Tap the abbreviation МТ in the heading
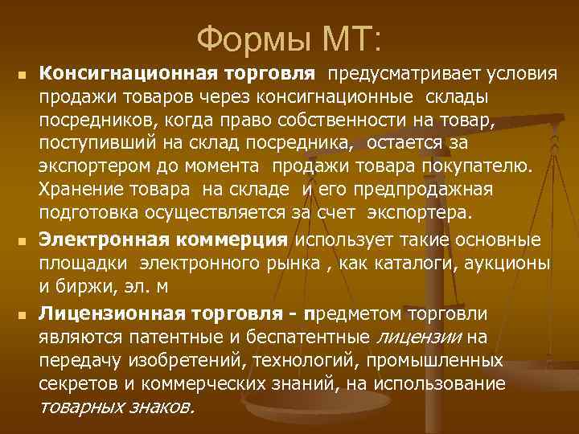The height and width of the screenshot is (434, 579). pos(351,36)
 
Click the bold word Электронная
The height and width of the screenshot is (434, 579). pos(105,240)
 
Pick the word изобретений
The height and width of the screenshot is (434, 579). pos(185,359)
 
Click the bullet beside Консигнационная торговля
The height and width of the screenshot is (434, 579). pos(23,76)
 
